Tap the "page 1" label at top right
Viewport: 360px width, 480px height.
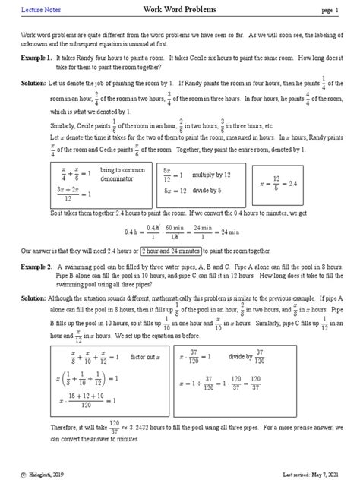332,9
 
